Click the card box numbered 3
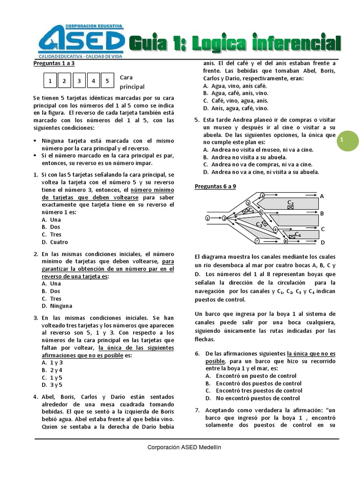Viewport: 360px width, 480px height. tap(78, 81)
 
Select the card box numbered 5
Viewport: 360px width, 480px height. tap(107, 81)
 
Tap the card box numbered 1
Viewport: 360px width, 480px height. tap(50, 81)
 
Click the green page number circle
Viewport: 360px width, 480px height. tap(342, 140)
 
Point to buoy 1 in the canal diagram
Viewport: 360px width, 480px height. tap(207, 218)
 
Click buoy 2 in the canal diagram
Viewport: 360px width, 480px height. tap(224, 218)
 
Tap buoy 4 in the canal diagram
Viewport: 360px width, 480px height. tap(262, 195)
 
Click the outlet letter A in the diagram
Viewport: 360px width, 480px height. tap(322, 196)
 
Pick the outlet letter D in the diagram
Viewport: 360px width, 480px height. tap(322, 242)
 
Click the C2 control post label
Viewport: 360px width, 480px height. tap(290, 202)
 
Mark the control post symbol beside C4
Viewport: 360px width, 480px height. tap(292, 237)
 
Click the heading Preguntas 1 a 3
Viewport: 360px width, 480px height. tap(54, 63)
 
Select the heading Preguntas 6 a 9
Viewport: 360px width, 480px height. tap(215, 186)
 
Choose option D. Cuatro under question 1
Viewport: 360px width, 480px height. tap(55, 242)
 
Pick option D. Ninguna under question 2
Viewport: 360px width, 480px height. tap(57, 306)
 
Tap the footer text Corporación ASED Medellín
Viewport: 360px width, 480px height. tap(184, 447)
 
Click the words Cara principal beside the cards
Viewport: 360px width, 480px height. tap(132, 82)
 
